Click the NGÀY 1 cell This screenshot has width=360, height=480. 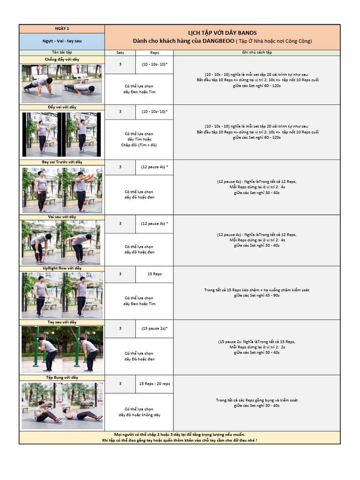[x=62, y=29]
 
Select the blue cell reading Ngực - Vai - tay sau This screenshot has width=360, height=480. [x=62, y=41]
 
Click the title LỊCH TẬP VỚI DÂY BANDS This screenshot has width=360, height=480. [x=222, y=32]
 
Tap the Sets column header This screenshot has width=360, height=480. [x=120, y=53]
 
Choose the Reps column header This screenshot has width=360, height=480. [x=154, y=53]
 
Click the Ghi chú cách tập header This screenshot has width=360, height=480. [x=256, y=52]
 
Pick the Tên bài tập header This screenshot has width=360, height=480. [x=62, y=52]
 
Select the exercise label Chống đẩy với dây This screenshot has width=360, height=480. [x=62, y=60]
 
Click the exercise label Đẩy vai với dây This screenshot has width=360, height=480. [x=62, y=107]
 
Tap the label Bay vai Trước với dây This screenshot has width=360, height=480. [x=62, y=162]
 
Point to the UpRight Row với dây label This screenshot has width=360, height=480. [x=62, y=268]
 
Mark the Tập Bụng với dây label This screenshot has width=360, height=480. [x=62, y=377]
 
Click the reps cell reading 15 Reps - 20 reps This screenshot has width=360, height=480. [x=154, y=383]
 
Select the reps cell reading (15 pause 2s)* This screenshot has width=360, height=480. [x=154, y=329]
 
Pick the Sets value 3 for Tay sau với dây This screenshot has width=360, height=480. [x=120, y=329]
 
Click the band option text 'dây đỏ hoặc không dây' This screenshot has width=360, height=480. [x=139, y=415]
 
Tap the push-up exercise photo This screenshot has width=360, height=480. [x=62, y=83]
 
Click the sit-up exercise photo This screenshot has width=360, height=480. [x=62, y=405]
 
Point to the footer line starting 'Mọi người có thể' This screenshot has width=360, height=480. [x=180, y=435]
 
